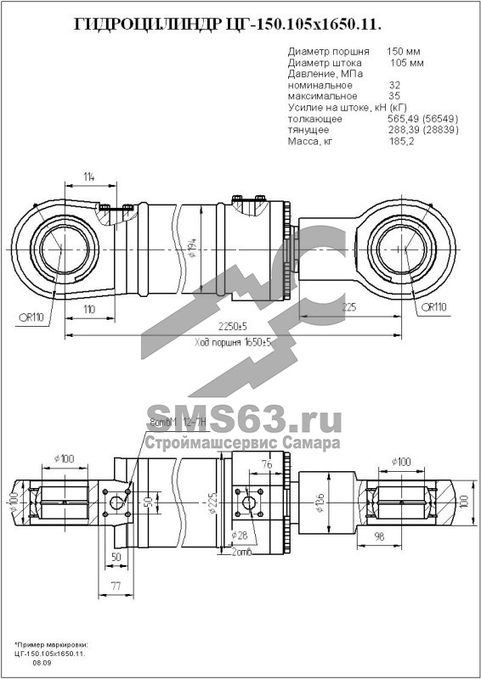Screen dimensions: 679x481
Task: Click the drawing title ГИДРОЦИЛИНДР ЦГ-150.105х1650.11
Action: coord(240,25)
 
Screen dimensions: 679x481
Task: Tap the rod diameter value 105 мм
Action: coord(406,64)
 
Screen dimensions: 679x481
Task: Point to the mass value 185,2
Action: coord(401,141)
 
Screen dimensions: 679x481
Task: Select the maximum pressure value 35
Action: coord(393,97)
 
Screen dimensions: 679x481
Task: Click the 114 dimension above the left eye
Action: coord(88,177)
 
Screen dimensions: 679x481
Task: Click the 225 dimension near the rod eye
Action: coord(349,307)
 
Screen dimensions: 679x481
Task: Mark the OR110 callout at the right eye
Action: coord(433,307)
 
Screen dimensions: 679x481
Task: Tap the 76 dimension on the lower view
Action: coord(266,464)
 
